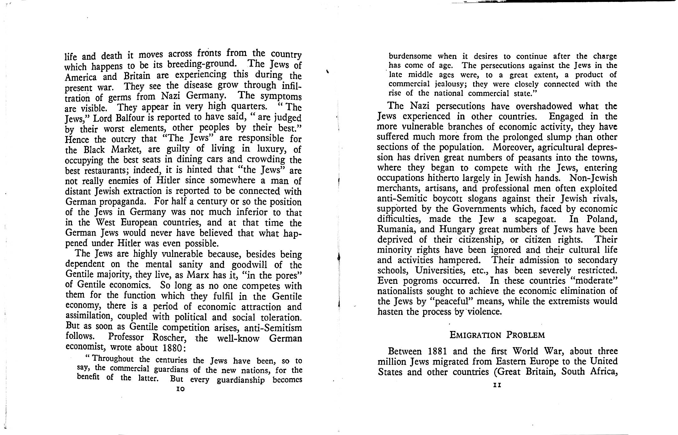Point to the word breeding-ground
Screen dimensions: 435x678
coord(201,64)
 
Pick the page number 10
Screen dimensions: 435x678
coord(180,389)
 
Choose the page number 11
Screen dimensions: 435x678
coord(497,385)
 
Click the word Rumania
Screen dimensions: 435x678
coord(397,229)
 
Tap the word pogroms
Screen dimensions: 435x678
coord(420,280)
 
